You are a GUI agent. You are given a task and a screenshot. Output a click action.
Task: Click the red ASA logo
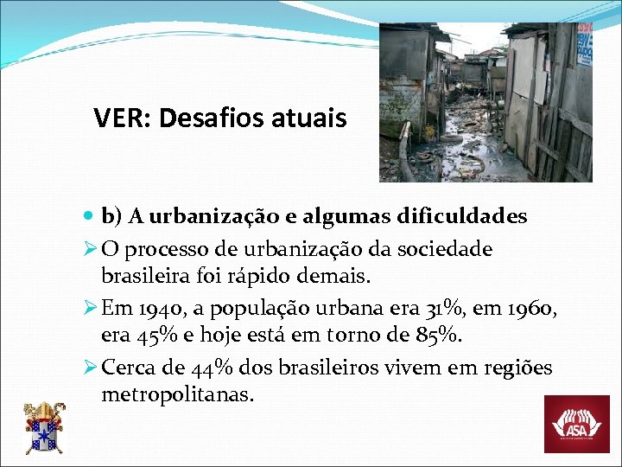tap(576, 424)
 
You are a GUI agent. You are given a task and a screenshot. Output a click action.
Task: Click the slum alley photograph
tap(486, 102)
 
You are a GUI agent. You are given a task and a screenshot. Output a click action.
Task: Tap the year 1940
tap(152, 308)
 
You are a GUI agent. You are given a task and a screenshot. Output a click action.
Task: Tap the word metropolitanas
tap(177, 394)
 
